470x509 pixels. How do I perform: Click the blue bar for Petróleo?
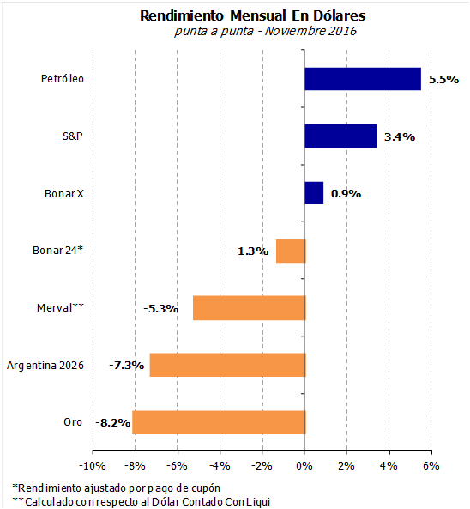point(363,79)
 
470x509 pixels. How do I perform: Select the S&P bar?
point(340,136)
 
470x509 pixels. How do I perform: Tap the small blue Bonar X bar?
point(314,193)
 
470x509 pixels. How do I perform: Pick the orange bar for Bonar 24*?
point(291,251)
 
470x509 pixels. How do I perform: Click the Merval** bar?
point(250,308)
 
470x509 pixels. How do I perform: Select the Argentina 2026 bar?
point(227,365)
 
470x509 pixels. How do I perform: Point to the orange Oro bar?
point(219,422)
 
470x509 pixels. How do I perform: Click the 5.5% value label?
point(443,80)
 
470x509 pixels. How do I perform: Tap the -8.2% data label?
point(113,423)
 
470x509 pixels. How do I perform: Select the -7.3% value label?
point(126,366)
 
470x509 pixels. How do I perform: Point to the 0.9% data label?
point(346,194)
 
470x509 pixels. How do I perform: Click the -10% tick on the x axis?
point(93,466)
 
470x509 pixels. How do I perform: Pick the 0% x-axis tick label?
point(304,466)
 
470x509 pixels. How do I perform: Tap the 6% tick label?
point(431,466)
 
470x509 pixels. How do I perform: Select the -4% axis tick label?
point(220,466)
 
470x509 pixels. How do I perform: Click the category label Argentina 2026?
point(45,366)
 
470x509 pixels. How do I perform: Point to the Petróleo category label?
point(63,79)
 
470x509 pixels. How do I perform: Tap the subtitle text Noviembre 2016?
point(310,31)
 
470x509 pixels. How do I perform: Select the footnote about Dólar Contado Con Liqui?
point(142,502)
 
